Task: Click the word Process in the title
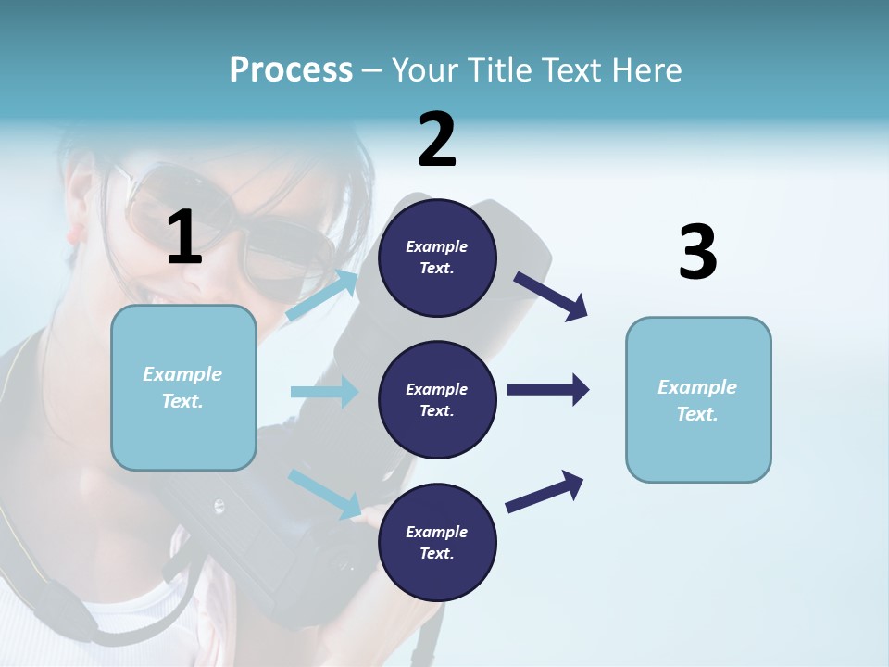(291, 69)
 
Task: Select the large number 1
(184, 238)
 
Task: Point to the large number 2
(437, 140)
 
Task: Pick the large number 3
(697, 253)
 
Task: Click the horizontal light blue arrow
(324, 392)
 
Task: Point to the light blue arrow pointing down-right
(324, 493)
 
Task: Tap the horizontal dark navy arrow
(548, 389)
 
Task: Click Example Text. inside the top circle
(437, 258)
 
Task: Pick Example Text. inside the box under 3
(697, 400)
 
